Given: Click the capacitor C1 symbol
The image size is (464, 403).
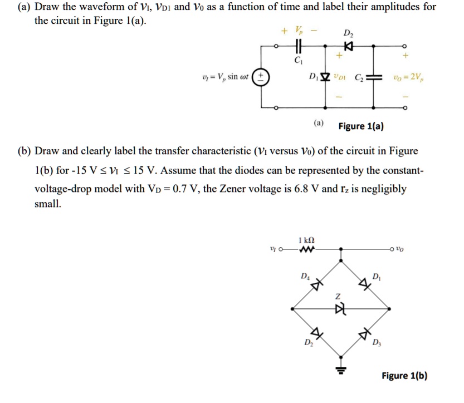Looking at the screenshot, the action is [299, 46].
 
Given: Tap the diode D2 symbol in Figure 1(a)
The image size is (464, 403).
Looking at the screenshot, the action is [349, 46].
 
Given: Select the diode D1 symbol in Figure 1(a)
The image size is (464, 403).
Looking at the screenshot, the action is [325, 77].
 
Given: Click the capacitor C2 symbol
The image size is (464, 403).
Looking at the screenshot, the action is [373, 77].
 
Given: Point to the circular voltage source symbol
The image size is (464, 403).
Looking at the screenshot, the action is [261, 77].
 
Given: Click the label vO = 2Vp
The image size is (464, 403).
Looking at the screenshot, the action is [408, 77].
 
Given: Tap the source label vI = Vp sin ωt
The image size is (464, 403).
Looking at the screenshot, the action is [225, 77].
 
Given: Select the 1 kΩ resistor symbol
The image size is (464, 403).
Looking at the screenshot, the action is [306, 249].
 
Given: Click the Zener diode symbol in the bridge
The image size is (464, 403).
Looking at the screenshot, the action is [340, 309].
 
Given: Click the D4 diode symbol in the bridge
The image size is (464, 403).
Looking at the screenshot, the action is [316, 285].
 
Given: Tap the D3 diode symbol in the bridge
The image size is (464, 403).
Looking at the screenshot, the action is [364, 334].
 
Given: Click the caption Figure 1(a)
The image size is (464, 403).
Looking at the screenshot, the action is [361, 126].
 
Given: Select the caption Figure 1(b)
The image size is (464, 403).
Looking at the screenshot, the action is [404, 376].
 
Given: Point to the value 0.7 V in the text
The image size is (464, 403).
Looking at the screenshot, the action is [183, 188].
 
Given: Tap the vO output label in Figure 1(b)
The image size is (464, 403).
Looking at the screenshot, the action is [399, 249].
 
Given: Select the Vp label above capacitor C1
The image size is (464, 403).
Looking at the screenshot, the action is [299, 30].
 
